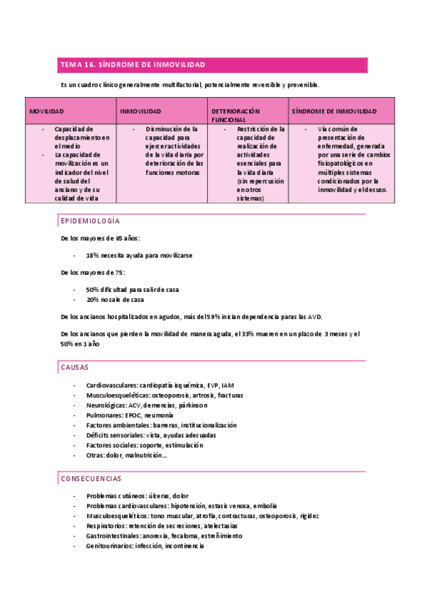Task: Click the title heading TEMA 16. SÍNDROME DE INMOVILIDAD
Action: [x=133, y=65]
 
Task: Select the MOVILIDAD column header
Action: [x=47, y=112]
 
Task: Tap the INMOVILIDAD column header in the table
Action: [x=140, y=112]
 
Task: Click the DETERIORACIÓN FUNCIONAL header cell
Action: [x=236, y=116]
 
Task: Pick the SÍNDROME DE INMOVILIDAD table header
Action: [x=333, y=112]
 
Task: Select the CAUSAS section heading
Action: [x=74, y=368]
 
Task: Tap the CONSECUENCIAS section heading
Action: [x=91, y=479]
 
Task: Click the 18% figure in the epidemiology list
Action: [x=93, y=255]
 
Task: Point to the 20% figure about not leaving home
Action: [x=93, y=300]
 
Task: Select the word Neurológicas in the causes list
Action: [x=106, y=405]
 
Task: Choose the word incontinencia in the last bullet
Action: [x=184, y=546]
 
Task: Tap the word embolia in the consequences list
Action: [x=265, y=506]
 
